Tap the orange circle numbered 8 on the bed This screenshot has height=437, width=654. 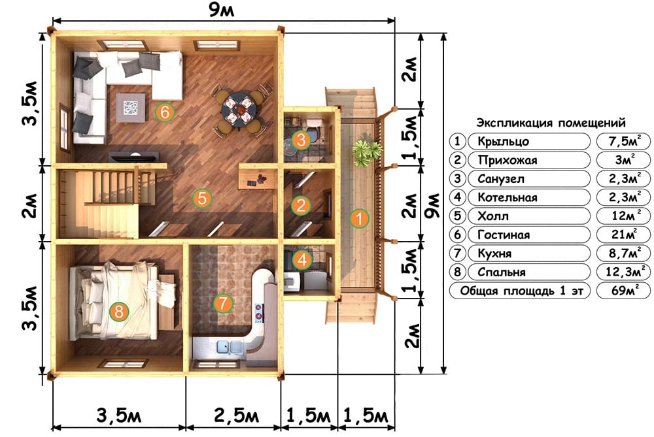119,311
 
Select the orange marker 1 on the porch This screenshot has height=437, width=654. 358,218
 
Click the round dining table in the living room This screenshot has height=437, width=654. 239,109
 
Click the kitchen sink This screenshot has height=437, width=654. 229,347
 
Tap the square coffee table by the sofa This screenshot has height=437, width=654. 131,108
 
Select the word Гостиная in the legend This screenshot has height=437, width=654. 504,235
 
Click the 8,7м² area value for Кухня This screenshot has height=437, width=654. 623,252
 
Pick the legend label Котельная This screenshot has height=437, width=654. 508,197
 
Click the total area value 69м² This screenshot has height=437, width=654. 623,290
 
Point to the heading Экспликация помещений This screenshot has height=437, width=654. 551,123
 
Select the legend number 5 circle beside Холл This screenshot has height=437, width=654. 458,216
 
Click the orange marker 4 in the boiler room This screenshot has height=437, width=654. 302,259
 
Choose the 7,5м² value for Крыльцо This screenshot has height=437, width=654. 623,141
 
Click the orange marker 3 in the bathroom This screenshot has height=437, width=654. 301,140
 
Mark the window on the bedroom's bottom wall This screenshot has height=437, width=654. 123,364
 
